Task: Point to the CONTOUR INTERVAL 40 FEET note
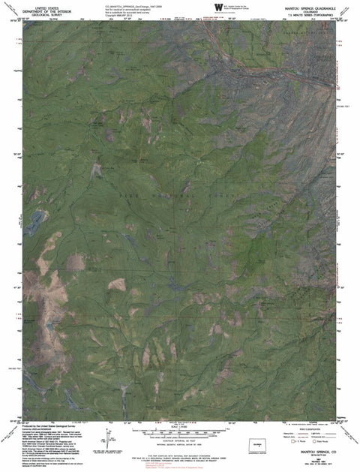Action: [177, 440]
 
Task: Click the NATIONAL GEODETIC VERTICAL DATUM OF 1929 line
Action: [177, 443]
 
